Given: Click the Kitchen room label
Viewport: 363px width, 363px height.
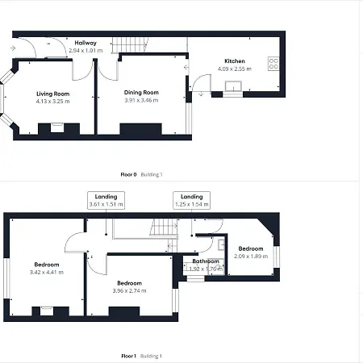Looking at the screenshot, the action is coord(235,61).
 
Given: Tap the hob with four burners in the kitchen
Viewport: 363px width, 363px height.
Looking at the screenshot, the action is coord(273,64).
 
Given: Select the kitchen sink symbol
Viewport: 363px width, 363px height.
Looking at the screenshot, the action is coord(233,86).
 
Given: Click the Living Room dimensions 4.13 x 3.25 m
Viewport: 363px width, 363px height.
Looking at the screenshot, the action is coord(52,102).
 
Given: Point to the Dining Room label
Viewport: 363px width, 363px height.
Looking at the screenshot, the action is coord(141,93).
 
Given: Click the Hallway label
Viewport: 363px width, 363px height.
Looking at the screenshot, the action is coord(86,43).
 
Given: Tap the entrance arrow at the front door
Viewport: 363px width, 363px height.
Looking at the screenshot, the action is coord(13,48).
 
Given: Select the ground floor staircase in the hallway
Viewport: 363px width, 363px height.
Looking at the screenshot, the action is coord(130,44).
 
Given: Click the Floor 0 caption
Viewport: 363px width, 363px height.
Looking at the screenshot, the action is coord(128,174).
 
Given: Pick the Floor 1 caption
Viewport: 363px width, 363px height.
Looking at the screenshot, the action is coord(129,356).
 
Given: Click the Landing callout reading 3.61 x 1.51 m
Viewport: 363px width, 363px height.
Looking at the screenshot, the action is coord(106,200).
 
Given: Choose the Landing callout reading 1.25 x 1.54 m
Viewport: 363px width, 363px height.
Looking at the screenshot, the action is coord(192,200).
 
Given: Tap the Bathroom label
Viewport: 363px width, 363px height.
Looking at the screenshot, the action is coord(206,261).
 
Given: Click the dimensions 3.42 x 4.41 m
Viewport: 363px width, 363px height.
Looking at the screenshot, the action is coord(47,272).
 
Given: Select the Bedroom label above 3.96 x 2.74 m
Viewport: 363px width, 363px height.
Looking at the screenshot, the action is coord(129,283).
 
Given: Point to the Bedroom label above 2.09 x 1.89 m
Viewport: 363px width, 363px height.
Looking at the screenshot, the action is coord(251,248).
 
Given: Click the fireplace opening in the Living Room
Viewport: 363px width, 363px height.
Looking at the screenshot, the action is coord(57,127).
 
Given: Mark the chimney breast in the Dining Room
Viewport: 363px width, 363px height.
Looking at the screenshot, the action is coord(140,129).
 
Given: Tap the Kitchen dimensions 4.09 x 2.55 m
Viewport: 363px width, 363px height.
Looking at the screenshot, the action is coord(235,69).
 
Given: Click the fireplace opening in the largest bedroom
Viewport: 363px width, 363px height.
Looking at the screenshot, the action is coord(47,311).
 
